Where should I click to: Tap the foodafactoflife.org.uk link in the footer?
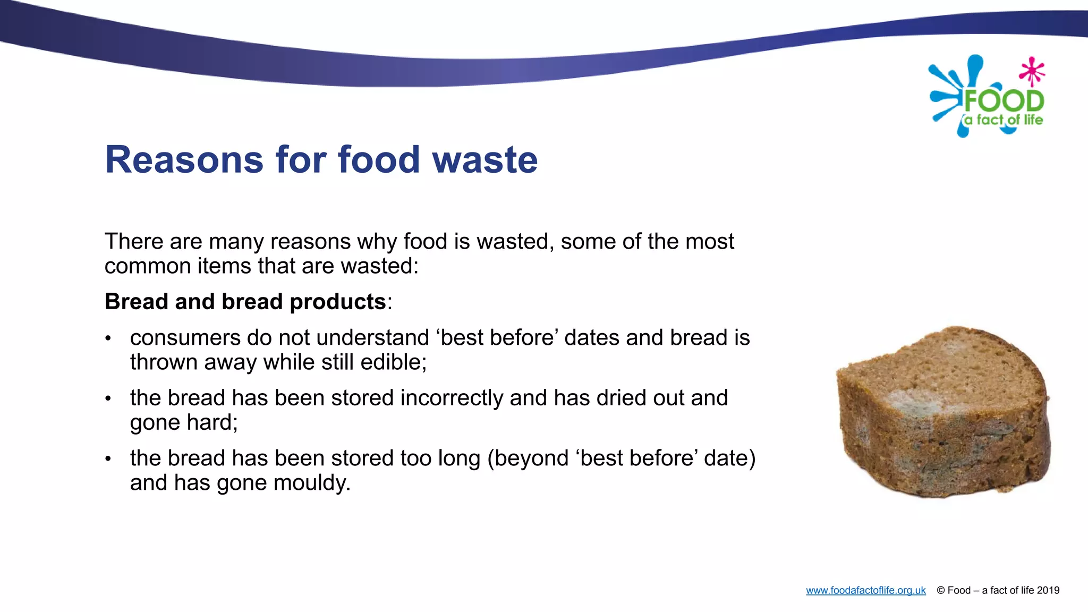coord(865,590)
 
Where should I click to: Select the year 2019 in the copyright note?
coord(1048,590)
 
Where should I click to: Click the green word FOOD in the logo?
coord(1004,101)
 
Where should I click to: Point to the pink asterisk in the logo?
coord(1032,71)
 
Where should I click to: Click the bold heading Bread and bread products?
coord(245,302)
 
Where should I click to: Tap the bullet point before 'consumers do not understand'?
coord(108,338)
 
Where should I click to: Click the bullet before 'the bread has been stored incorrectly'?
coord(108,398)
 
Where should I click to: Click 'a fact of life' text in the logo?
coord(1004,120)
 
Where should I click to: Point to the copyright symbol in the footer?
coord(941,590)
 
